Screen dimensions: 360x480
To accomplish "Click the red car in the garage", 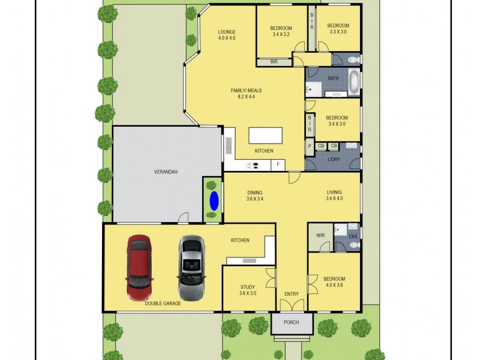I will (139, 267).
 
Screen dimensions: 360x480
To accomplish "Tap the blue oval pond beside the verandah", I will (213, 200).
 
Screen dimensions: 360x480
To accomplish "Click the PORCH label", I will (291, 323).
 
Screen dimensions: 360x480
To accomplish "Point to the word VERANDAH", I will (166, 172).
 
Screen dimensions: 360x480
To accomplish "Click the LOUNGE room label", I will (226, 35).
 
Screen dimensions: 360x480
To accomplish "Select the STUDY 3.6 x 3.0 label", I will (248, 290).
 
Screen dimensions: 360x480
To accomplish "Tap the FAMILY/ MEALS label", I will (246, 94).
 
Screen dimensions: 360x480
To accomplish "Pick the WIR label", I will (320, 236).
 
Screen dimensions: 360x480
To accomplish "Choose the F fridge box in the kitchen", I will (278, 164).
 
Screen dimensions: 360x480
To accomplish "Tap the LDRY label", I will (333, 159).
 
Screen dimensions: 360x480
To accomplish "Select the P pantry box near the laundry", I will (309, 146).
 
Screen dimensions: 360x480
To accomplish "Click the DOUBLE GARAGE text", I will (163, 304).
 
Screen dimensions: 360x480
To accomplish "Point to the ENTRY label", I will (291, 293).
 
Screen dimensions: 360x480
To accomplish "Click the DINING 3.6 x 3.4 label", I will (254, 196).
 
